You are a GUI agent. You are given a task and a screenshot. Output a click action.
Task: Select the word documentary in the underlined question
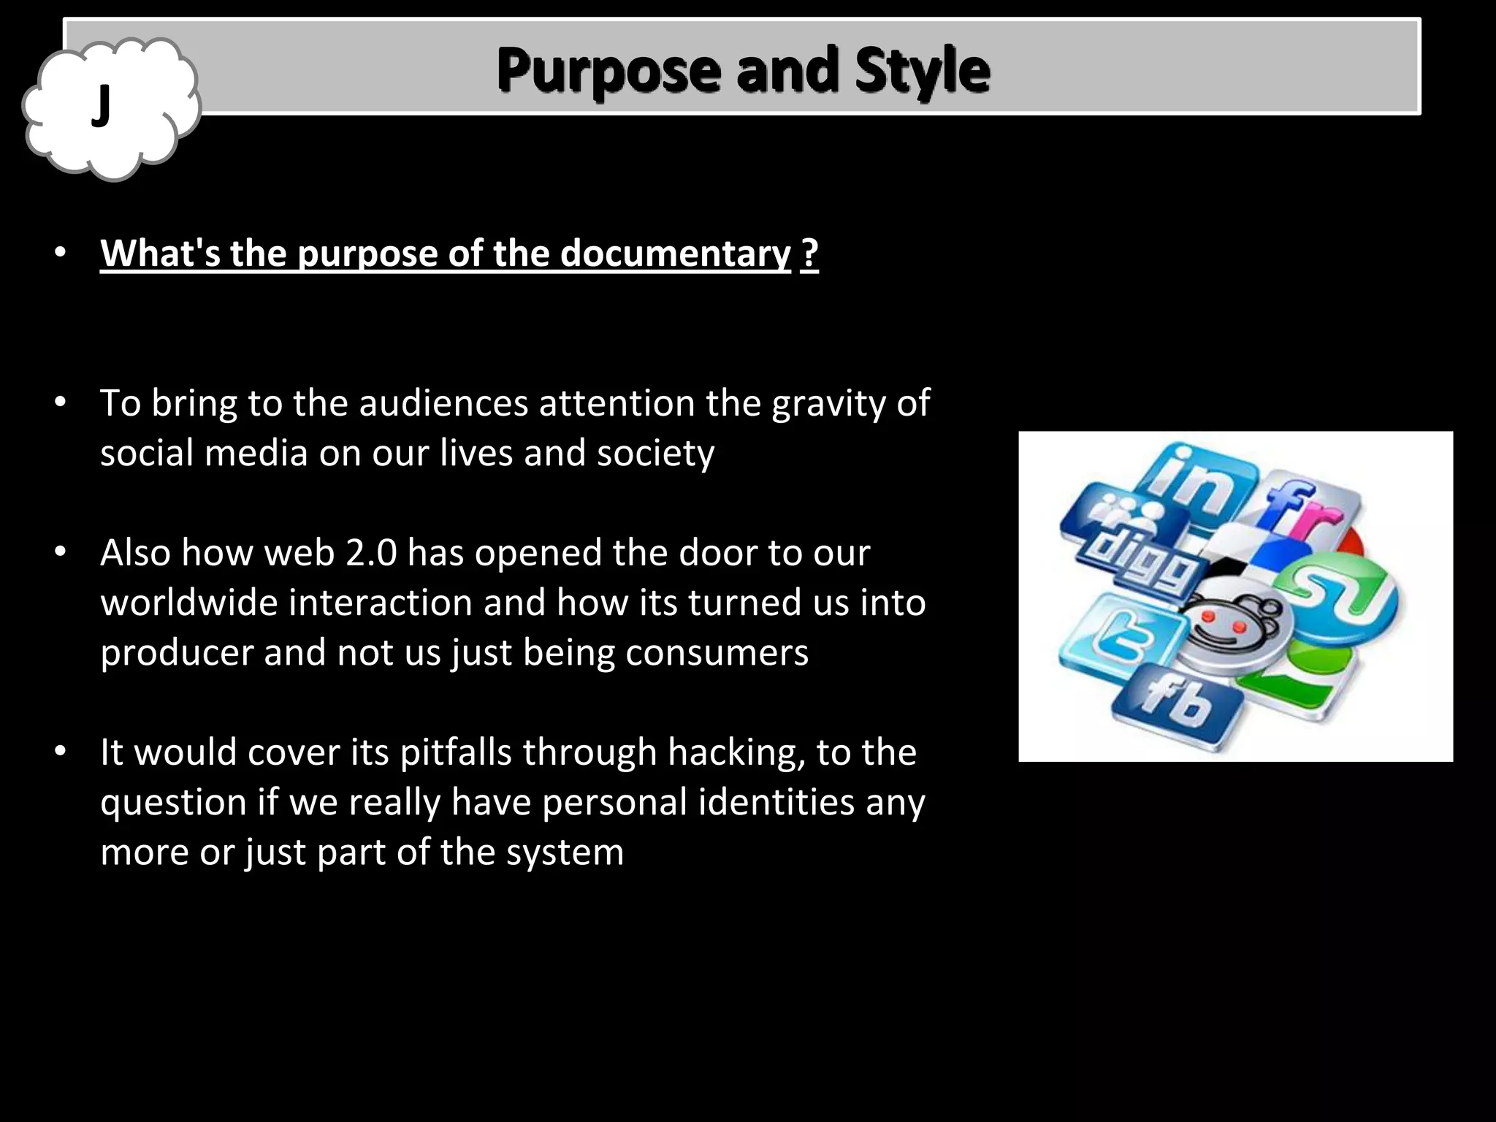coord(676,253)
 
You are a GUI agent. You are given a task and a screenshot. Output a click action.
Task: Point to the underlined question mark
coord(809,253)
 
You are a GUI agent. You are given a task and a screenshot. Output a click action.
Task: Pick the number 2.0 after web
coord(370,553)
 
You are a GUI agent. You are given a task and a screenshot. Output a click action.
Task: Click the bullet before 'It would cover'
coord(61,752)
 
